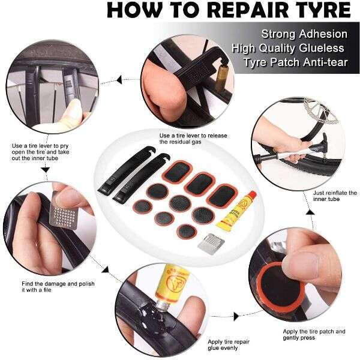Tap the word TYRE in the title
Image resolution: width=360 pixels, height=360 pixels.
(322, 10)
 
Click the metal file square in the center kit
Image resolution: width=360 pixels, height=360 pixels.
(211, 244)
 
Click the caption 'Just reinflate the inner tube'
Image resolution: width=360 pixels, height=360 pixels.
(335, 196)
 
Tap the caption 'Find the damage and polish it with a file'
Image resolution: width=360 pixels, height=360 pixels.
(58, 287)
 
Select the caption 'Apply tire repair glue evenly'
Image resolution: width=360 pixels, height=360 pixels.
(229, 345)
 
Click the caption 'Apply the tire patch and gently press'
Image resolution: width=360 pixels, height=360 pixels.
(314, 335)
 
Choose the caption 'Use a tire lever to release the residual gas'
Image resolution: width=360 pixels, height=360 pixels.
(193, 139)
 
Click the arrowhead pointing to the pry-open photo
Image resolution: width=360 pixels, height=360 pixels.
(118, 80)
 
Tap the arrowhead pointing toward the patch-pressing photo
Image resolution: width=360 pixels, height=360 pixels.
(236, 316)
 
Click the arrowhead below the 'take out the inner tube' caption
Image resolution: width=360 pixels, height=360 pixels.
(45, 170)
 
